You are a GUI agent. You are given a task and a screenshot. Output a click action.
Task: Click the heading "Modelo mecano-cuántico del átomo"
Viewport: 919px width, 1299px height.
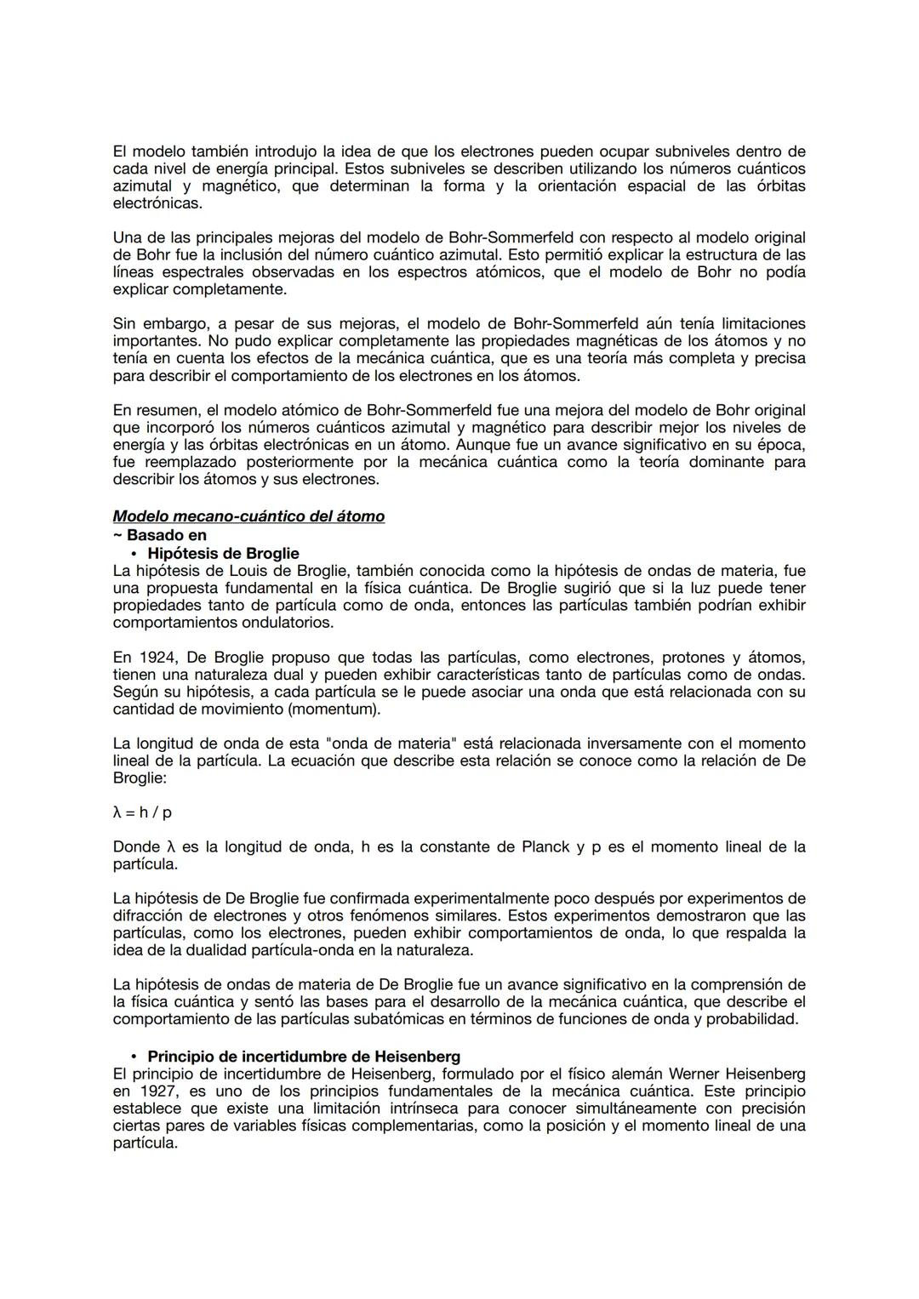tap(248, 516)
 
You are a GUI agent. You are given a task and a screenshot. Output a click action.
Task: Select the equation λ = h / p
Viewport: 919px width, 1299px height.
tap(142, 812)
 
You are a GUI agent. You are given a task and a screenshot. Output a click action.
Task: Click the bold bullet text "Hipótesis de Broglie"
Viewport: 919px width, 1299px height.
tap(223, 553)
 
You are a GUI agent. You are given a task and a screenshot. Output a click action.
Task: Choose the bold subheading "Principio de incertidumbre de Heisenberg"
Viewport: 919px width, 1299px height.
tap(304, 1057)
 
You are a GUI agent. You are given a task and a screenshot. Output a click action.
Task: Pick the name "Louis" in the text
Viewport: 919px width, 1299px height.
tap(252, 571)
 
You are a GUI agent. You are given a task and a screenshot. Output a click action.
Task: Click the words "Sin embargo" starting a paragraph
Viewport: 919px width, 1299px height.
tap(154, 324)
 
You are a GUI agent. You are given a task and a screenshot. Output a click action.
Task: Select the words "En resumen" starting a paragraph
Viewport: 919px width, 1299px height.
tap(152, 410)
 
